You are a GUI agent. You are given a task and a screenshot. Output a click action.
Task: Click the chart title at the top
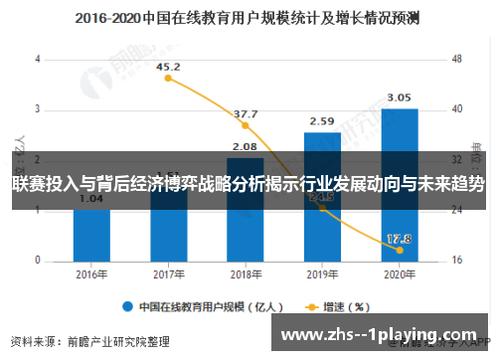(247, 18)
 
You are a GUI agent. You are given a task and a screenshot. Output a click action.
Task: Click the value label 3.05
(399, 97)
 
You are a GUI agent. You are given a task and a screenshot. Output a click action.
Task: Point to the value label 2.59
(322, 121)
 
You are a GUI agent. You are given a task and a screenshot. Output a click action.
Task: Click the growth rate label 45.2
(169, 67)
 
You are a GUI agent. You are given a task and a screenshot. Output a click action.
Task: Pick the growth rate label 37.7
(246, 114)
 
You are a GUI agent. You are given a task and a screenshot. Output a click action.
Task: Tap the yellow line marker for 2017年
(169, 79)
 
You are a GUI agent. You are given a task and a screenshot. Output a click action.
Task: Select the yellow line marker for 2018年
(246, 125)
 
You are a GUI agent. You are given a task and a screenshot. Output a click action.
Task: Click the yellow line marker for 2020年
(399, 250)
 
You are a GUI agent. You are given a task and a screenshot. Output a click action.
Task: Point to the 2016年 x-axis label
(91, 275)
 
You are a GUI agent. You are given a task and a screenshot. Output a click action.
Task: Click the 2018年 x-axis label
(246, 275)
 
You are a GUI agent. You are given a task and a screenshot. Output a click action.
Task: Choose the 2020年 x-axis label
(399, 275)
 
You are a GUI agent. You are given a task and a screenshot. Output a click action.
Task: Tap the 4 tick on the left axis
(38, 60)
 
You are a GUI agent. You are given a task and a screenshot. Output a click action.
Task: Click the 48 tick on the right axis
(457, 60)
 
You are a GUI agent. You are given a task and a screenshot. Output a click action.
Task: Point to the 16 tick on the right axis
(457, 261)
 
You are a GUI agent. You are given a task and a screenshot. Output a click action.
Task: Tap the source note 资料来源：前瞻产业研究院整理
(89, 339)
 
